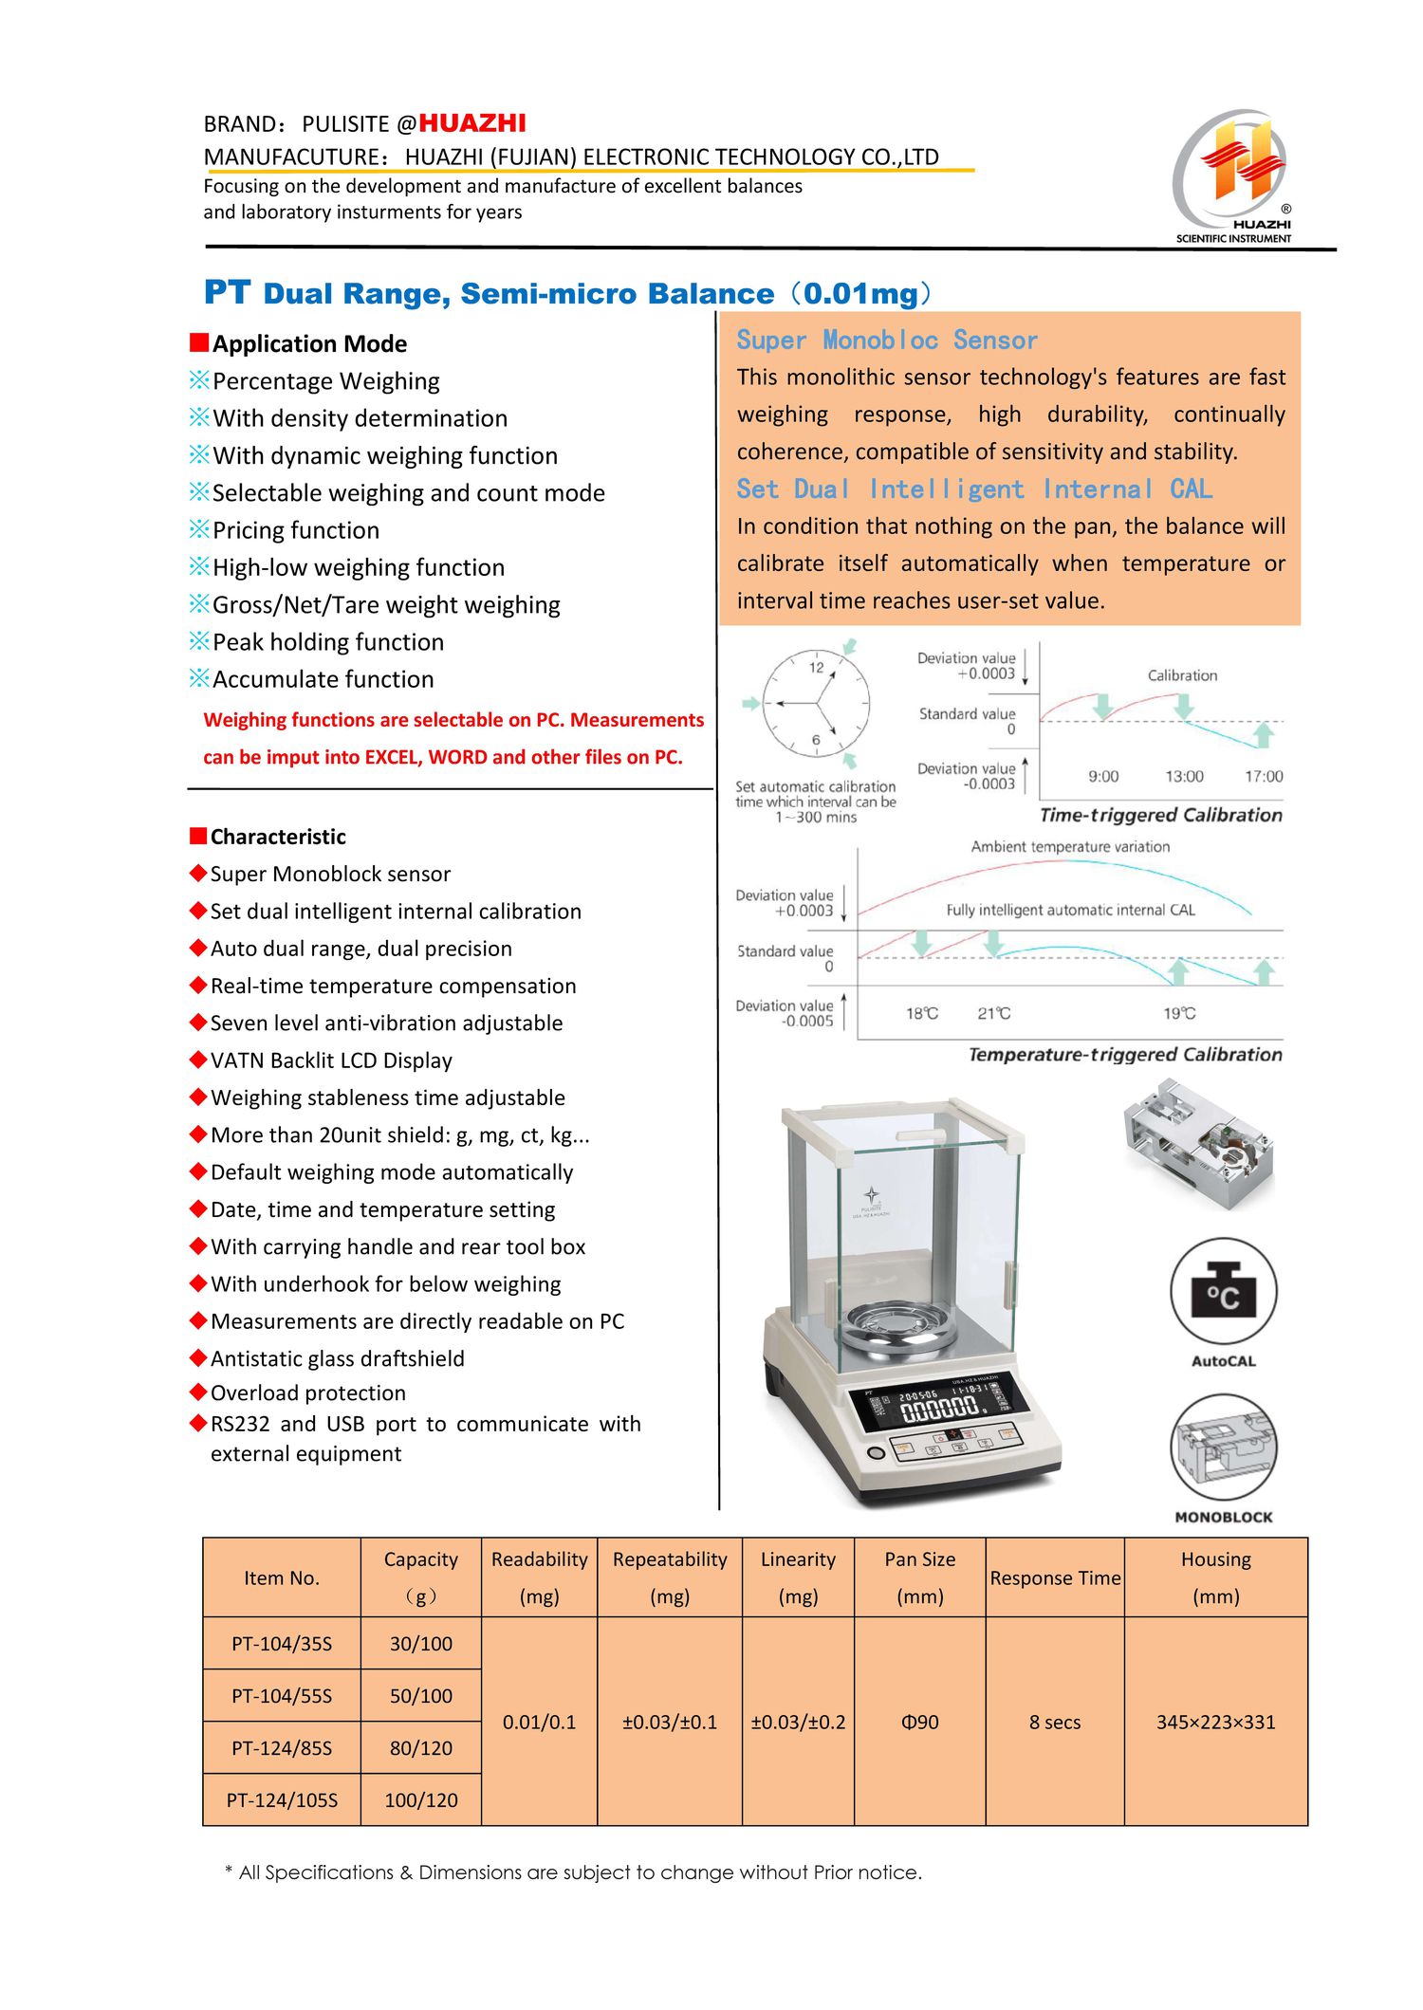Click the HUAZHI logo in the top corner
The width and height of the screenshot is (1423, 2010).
click(1232, 175)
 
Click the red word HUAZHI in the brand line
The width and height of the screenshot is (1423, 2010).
click(471, 123)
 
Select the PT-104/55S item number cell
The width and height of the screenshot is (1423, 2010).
click(282, 1695)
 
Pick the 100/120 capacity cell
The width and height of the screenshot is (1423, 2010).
click(421, 1799)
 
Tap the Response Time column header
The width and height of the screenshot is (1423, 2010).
click(1055, 1577)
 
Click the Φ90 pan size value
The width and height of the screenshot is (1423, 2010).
click(919, 1722)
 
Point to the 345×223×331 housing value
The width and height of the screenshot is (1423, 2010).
click(1215, 1722)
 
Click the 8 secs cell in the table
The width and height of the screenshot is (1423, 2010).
click(1055, 1722)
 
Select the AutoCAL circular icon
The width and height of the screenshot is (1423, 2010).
click(1223, 1291)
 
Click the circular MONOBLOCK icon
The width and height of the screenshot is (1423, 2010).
click(1223, 1447)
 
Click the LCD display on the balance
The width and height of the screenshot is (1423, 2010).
click(939, 1404)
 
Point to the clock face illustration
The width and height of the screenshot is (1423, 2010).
click(816, 703)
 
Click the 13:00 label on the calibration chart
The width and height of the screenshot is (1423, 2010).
click(1184, 776)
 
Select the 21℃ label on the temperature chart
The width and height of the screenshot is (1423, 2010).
click(993, 1013)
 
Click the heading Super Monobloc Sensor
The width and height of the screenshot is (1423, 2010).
click(886, 341)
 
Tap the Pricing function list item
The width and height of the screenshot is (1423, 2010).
click(295, 530)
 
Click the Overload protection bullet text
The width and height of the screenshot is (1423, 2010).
click(307, 1392)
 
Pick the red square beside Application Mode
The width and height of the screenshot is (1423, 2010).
click(198, 341)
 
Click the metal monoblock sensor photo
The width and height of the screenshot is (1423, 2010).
click(1199, 1142)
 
